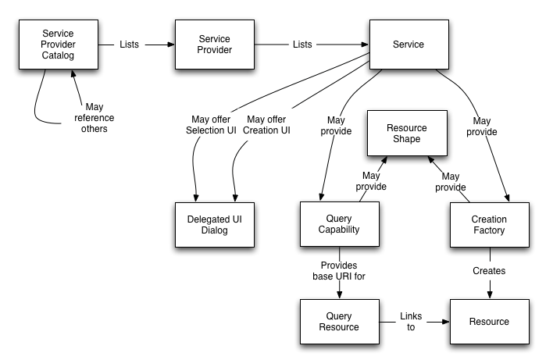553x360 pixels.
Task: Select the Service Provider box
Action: pyautogui.click(x=214, y=45)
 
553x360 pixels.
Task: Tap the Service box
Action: pyautogui.click(x=409, y=45)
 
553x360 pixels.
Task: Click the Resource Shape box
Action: pyautogui.click(x=407, y=134)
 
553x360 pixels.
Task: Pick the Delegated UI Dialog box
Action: pyautogui.click(x=214, y=225)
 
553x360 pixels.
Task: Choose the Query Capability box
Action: pyautogui.click(x=340, y=225)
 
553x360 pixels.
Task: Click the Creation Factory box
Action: pyautogui.click(x=490, y=225)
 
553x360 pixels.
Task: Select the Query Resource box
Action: pyautogui.click(x=340, y=321)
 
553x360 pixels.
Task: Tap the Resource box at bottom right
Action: pyautogui.click(x=489, y=321)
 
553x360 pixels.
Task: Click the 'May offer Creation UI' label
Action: pyautogui.click(x=267, y=124)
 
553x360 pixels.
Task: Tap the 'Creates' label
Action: pyautogui.click(x=490, y=271)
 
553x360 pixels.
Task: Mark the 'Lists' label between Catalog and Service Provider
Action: pyautogui.click(x=129, y=45)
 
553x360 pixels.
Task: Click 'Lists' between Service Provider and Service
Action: pyautogui.click(x=302, y=45)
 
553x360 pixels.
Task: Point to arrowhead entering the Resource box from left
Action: pyautogui.click(x=445, y=321)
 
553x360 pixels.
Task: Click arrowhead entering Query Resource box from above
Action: pyautogui.click(x=340, y=294)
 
